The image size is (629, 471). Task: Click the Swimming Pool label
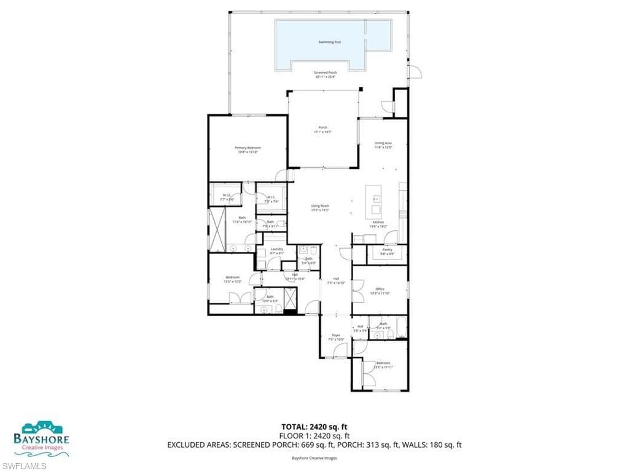pyautogui.click(x=330, y=42)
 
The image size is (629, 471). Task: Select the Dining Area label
pyautogui.click(x=383, y=143)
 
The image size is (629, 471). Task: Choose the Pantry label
pyautogui.click(x=387, y=250)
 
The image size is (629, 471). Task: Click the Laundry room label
pyautogui.click(x=277, y=249)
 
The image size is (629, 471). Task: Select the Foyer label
pyautogui.click(x=336, y=335)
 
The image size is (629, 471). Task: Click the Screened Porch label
pyautogui.click(x=326, y=72)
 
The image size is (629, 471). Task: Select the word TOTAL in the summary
pyautogui.click(x=294, y=426)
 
